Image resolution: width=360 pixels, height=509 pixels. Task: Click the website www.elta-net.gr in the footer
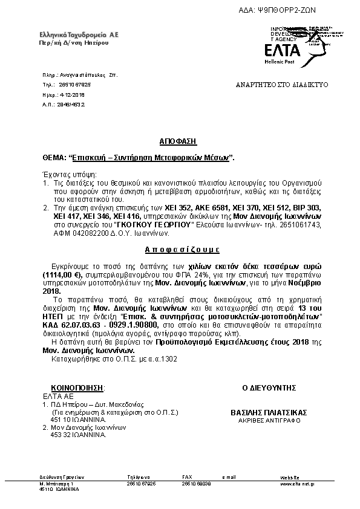[x=296, y=484]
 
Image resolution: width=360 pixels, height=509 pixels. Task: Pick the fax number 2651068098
[x=196, y=484]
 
